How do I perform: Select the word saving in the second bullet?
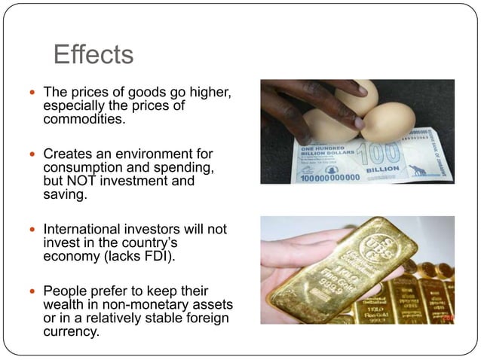click(x=64, y=195)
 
